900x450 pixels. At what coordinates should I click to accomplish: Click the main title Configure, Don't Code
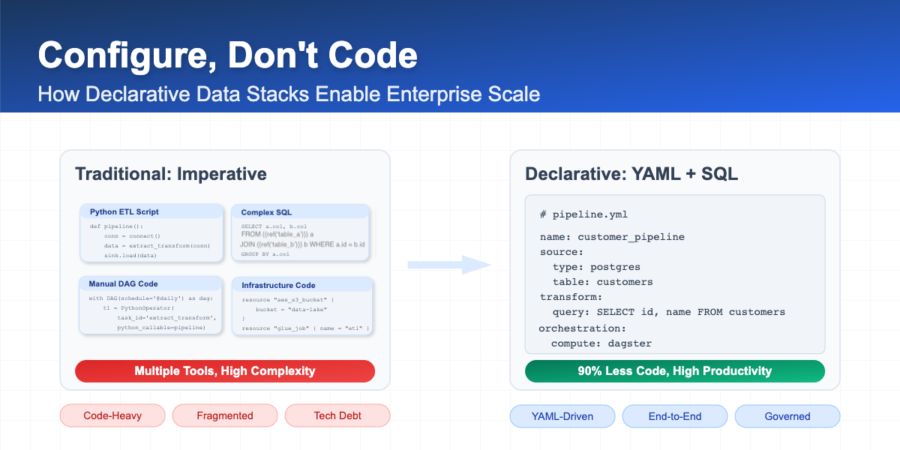[227, 56]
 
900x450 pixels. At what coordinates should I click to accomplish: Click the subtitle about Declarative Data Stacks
[289, 94]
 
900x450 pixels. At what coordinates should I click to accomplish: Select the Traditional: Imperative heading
[170, 174]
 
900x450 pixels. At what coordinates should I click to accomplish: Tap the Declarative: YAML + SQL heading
[631, 174]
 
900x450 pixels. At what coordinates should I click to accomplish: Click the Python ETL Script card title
[124, 211]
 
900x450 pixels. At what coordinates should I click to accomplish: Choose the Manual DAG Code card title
[124, 283]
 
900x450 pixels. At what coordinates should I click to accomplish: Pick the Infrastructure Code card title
[278, 285]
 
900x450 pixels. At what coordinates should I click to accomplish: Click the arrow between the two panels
[448, 265]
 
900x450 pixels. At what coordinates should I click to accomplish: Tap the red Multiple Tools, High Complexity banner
[225, 371]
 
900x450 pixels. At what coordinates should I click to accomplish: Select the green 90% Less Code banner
[674, 371]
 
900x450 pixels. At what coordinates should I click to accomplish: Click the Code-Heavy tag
[112, 415]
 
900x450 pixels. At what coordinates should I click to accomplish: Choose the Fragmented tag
[225, 415]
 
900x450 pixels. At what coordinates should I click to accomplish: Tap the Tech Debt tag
[337, 415]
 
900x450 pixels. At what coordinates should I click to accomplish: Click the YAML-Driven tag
[562, 415]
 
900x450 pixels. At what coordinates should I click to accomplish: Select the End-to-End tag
[675, 415]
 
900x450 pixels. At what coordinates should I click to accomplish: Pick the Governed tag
[787, 415]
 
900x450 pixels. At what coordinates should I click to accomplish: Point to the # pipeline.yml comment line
[574, 214]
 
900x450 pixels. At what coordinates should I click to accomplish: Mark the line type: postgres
[596, 267]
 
